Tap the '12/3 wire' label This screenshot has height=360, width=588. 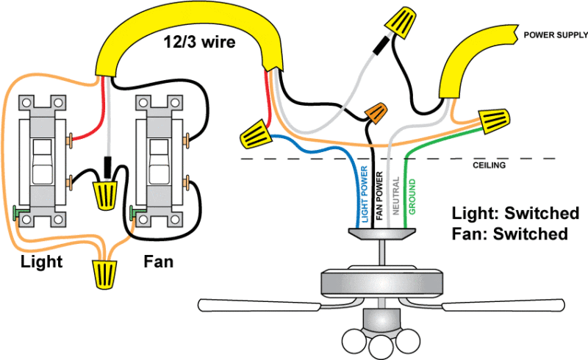click(x=199, y=43)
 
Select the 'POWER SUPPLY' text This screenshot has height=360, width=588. click(x=554, y=35)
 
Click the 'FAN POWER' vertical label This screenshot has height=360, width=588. click(x=379, y=196)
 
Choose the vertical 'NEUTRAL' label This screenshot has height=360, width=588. click(x=395, y=196)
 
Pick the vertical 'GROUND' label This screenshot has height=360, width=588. click(x=412, y=196)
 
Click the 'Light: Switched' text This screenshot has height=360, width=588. click(x=515, y=214)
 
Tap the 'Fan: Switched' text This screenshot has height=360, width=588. click(x=510, y=234)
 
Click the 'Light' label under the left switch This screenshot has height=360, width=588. click(x=41, y=262)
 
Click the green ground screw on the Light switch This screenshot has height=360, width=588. click(x=18, y=214)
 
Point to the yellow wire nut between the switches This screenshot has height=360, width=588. click(x=107, y=193)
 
